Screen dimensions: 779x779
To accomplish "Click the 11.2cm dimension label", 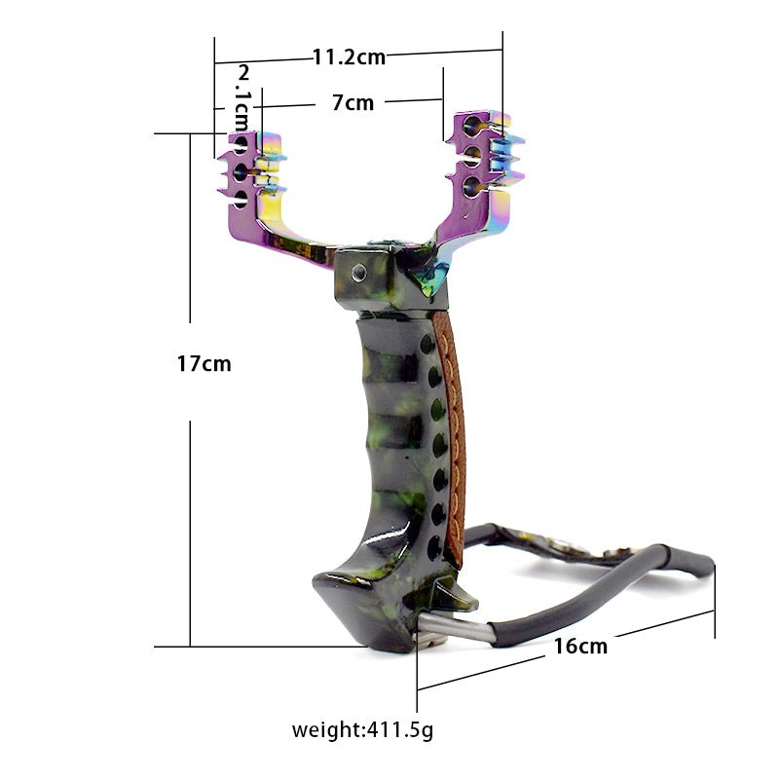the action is tap(349, 57).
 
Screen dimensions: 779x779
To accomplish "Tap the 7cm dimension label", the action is tap(352, 103).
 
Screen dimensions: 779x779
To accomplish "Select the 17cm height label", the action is tap(204, 363).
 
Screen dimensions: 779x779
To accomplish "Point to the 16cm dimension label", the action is tap(580, 646).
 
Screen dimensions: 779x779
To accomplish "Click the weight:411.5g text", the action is tap(362, 730).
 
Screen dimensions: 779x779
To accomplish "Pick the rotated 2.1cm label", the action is tap(242, 97).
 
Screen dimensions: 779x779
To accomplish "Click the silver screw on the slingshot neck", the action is tap(358, 272).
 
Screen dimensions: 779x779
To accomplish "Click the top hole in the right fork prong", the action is tap(472, 126).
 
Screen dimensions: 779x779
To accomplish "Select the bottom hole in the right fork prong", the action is tap(471, 187).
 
